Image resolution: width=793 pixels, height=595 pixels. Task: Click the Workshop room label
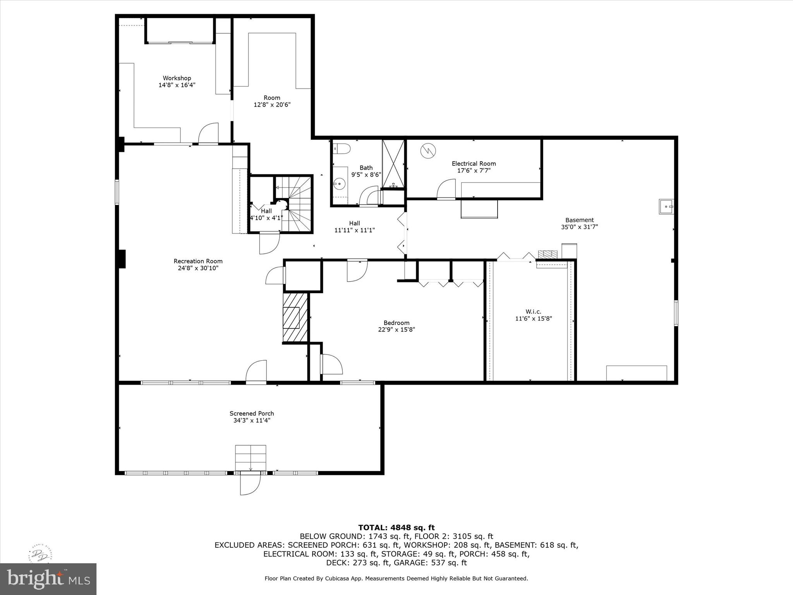177,78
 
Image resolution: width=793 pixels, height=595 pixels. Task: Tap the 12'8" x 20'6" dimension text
272,105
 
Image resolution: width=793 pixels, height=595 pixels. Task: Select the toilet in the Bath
342,148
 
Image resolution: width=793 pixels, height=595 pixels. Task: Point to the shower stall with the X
393,163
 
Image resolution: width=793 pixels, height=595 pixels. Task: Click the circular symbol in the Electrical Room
429,151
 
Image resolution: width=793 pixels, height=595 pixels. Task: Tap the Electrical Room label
474,163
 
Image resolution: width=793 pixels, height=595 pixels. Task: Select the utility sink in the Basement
666,207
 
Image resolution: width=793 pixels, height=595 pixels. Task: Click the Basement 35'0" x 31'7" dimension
579,227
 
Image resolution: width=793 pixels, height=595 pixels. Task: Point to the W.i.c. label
533,311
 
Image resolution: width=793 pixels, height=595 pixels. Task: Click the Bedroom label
396,323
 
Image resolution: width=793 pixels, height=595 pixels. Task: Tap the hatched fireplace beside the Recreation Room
295,318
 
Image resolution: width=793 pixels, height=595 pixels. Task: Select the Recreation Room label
198,261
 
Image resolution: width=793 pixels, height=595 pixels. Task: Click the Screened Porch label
252,413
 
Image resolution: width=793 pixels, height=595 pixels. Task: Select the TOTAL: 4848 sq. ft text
396,528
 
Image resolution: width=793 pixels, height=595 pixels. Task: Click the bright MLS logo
48,579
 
